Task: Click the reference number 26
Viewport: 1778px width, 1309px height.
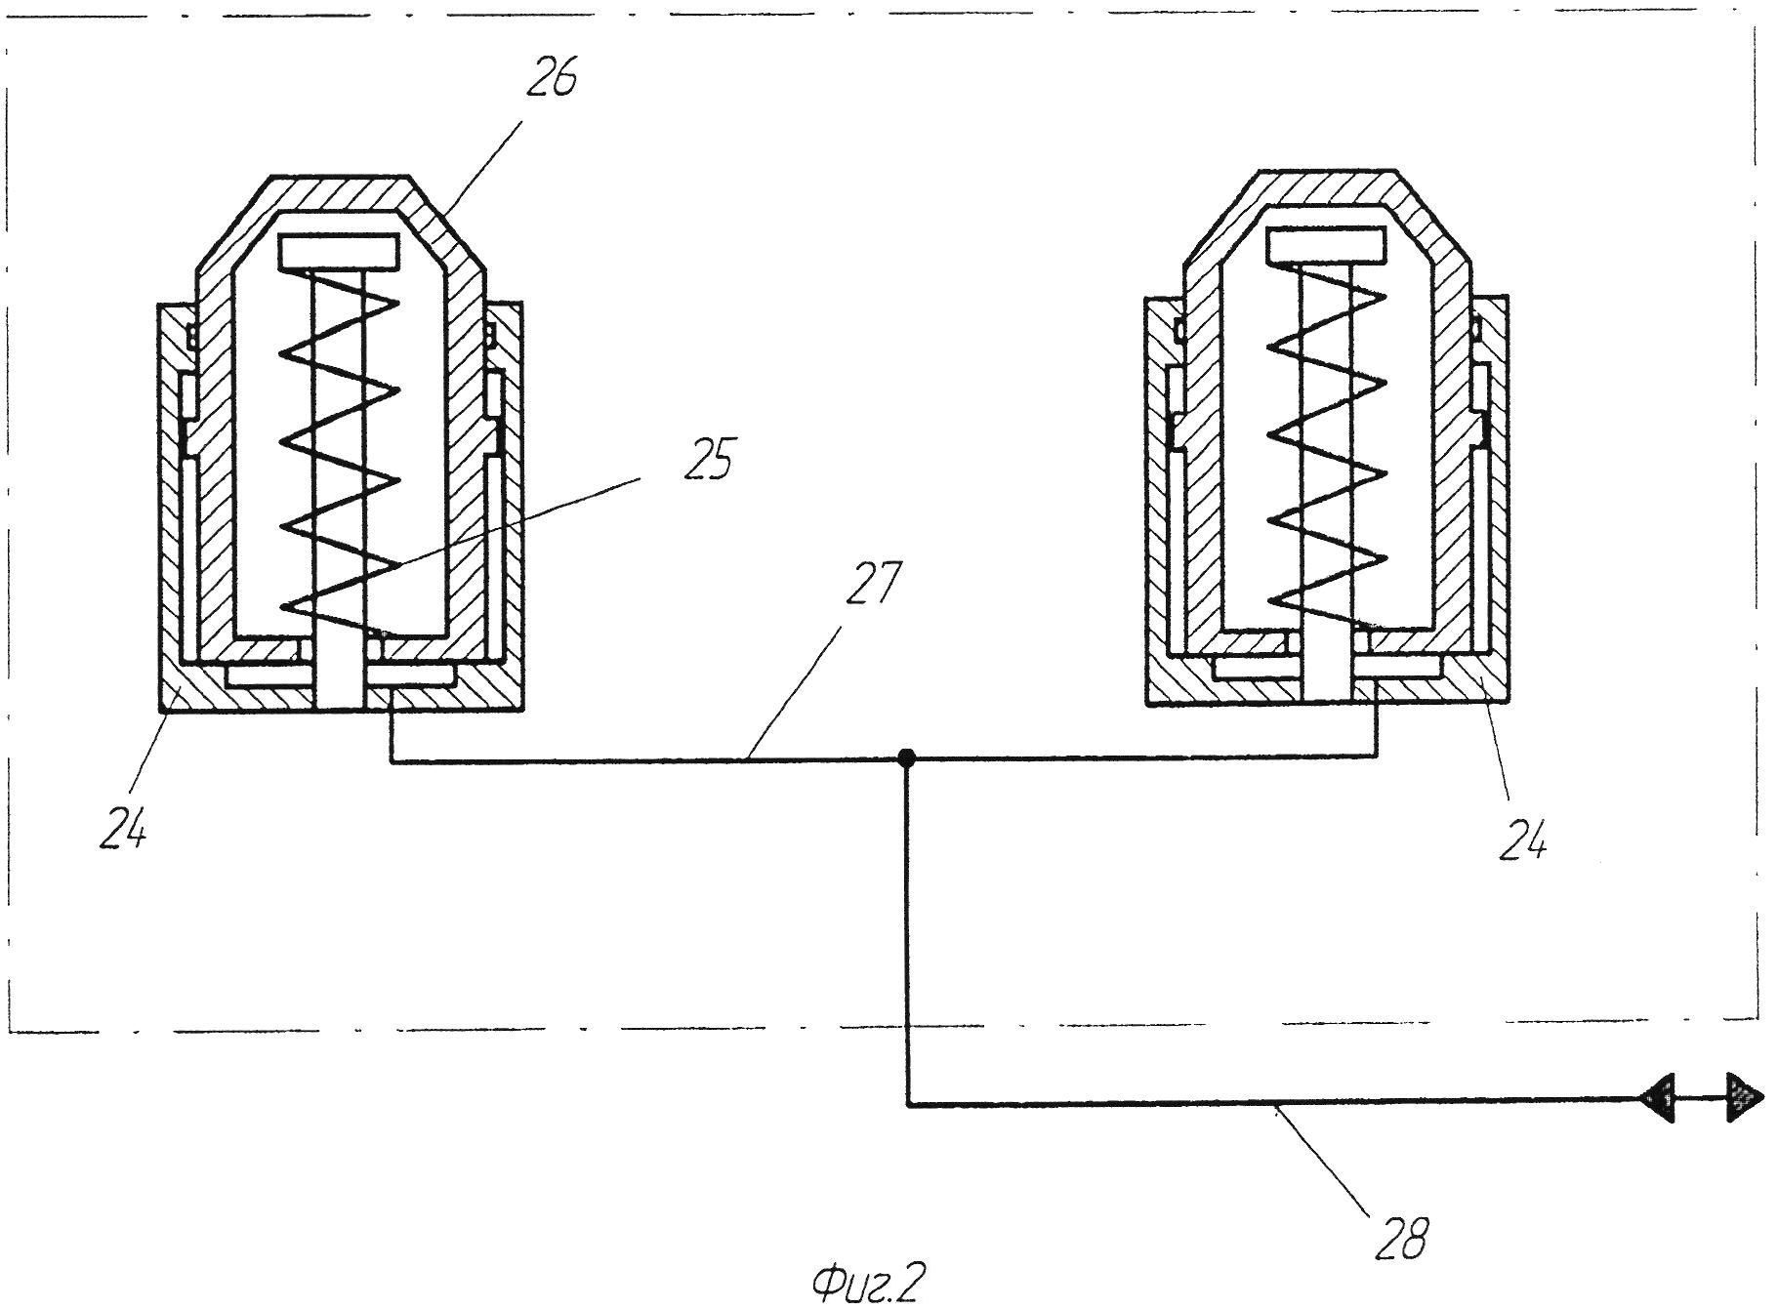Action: (551, 78)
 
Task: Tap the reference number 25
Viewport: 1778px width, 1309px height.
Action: (708, 459)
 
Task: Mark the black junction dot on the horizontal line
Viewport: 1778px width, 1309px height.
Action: (907, 757)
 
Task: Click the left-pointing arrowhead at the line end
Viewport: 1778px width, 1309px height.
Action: (1657, 1100)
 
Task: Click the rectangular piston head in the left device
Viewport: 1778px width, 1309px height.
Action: (339, 252)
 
